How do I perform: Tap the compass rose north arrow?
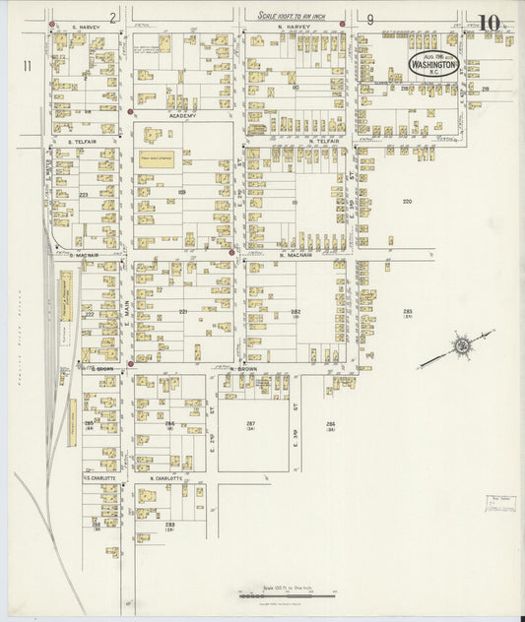click(x=459, y=346)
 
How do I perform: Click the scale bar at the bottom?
click(x=281, y=594)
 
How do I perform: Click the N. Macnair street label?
click(x=295, y=255)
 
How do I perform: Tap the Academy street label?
click(x=183, y=116)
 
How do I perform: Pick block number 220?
click(x=407, y=202)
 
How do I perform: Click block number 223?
click(x=83, y=195)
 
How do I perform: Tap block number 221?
click(x=183, y=312)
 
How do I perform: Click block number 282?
click(x=295, y=312)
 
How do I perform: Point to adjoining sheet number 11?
click(x=30, y=65)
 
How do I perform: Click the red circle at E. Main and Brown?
click(x=130, y=363)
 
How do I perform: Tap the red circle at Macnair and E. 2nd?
click(x=231, y=253)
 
